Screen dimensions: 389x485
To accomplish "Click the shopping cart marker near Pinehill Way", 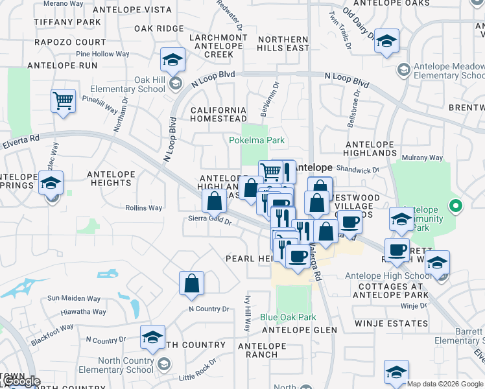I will [63, 100].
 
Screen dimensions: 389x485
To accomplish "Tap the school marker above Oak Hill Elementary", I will [172, 60].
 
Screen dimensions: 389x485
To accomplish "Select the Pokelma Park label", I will [257, 140].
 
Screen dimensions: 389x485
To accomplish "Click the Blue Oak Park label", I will [288, 317].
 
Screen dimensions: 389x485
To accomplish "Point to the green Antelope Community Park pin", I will [456, 207].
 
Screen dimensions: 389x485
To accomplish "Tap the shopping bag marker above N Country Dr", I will [191, 283].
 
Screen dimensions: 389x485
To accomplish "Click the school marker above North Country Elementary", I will [152, 337].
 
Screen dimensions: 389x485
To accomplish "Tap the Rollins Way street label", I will [144, 208].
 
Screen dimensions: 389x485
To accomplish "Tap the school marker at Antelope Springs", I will [51, 183].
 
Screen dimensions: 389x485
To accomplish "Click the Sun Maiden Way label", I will [74, 299].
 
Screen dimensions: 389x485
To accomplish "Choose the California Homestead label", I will [219, 114].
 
